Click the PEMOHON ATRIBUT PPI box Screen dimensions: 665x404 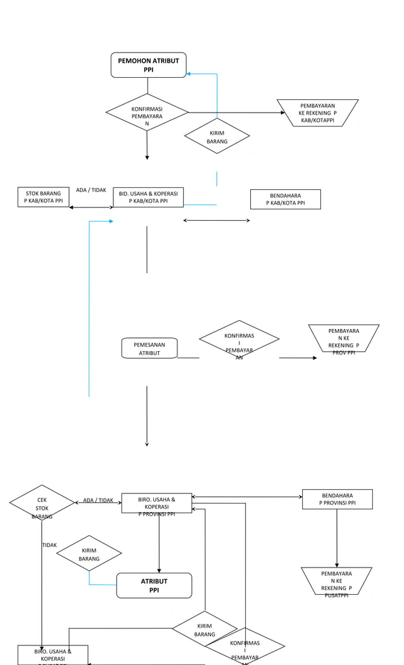pyautogui.click(x=148, y=65)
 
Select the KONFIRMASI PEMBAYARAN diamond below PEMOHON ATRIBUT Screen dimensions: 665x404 pyautogui.click(x=147, y=113)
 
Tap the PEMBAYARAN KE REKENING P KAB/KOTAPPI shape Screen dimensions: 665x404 pyautogui.click(x=317, y=113)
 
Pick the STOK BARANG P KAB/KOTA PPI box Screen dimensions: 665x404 pyautogui.click(x=44, y=197)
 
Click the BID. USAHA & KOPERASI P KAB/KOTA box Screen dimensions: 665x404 pyautogui.click(x=148, y=197)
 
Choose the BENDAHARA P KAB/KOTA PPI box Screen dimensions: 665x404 pyautogui.click(x=285, y=199)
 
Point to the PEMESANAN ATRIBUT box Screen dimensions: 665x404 pyautogui.click(x=149, y=348)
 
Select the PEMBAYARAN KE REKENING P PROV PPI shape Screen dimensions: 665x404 pyautogui.click(x=344, y=342)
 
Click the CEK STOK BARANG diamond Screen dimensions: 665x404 pyautogui.click(x=42, y=503)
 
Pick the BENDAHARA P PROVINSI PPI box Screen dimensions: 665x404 pyautogui.click(x=337, y=499)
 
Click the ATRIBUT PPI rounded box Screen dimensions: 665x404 pyautogui.click(x=154, y=585)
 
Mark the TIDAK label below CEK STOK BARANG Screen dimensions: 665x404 pyautogui.click(x=49, y=545)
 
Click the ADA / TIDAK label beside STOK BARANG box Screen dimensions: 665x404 pyautogui.click(x=91, y=190)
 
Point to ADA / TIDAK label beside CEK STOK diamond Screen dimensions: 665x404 pyautogui.click(x=98, y=500)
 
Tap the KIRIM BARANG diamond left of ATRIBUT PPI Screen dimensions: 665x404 pyautogui.click(x=89, y=554)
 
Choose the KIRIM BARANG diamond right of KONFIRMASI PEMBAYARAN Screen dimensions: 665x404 pyautogui.click(x=217, y=137)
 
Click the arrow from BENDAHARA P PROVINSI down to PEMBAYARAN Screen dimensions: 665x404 pyautogui.click(x=337, y=538)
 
